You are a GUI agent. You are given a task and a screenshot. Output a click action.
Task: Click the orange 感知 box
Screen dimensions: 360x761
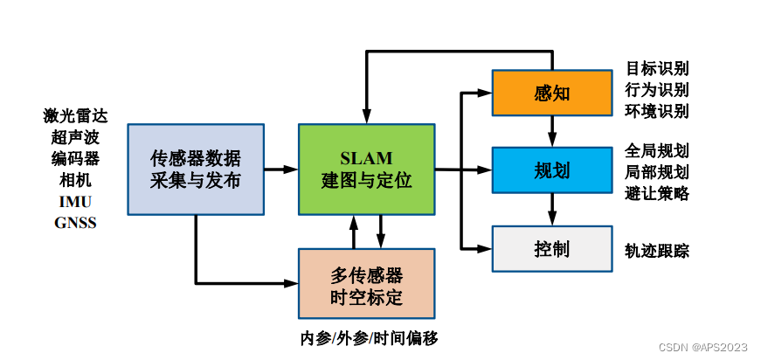coord(551,93)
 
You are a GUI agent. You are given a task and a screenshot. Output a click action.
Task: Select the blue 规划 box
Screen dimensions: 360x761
coord(551,170)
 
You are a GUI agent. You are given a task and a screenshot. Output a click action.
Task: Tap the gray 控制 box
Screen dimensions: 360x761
coord(551,248)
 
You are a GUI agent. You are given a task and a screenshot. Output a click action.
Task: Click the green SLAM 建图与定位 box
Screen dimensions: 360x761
coord(366,170)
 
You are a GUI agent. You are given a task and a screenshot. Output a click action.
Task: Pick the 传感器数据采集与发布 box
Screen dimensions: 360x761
coord(196,170)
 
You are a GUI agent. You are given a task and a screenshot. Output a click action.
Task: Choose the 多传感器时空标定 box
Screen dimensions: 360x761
coord(366,284)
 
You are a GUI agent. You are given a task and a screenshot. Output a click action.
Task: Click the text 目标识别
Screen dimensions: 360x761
coord(657,68)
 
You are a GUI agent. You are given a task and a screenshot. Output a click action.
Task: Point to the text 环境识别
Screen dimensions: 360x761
coord(657,111)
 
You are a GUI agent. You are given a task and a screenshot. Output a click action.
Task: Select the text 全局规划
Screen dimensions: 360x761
coord(657,149)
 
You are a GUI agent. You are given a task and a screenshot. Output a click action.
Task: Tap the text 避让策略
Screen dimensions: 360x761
coord(657,192)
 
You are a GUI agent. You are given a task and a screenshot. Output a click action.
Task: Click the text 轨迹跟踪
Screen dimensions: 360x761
coord(657,251)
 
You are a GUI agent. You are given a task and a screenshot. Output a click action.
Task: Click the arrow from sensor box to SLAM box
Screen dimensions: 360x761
coord(281,170)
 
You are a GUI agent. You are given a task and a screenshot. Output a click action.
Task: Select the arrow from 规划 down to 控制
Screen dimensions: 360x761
coord(551,209)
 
